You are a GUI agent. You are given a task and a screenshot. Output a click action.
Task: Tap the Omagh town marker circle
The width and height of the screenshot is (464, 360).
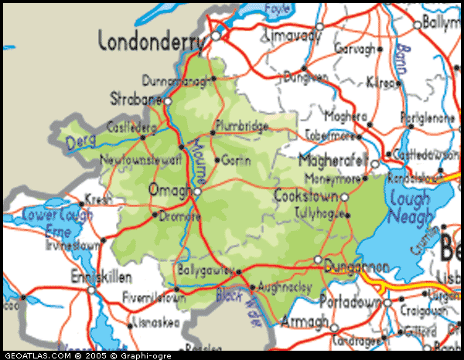click(197, 191)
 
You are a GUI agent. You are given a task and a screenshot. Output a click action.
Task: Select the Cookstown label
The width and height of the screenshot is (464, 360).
click(305, 197)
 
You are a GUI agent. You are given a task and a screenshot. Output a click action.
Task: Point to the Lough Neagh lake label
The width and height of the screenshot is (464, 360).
click(409, 207)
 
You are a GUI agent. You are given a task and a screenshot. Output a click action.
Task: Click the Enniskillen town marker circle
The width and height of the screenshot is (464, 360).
click(90, 290)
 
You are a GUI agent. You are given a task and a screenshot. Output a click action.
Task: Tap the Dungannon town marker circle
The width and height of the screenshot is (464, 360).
click(318, 260)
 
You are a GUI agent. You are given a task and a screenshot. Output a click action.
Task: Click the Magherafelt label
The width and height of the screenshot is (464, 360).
click(333, 163)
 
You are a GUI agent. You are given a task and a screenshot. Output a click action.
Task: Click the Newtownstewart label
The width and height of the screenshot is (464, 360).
click(141, 161)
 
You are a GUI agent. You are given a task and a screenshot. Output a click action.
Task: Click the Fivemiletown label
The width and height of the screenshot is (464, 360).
click(153, 295)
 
